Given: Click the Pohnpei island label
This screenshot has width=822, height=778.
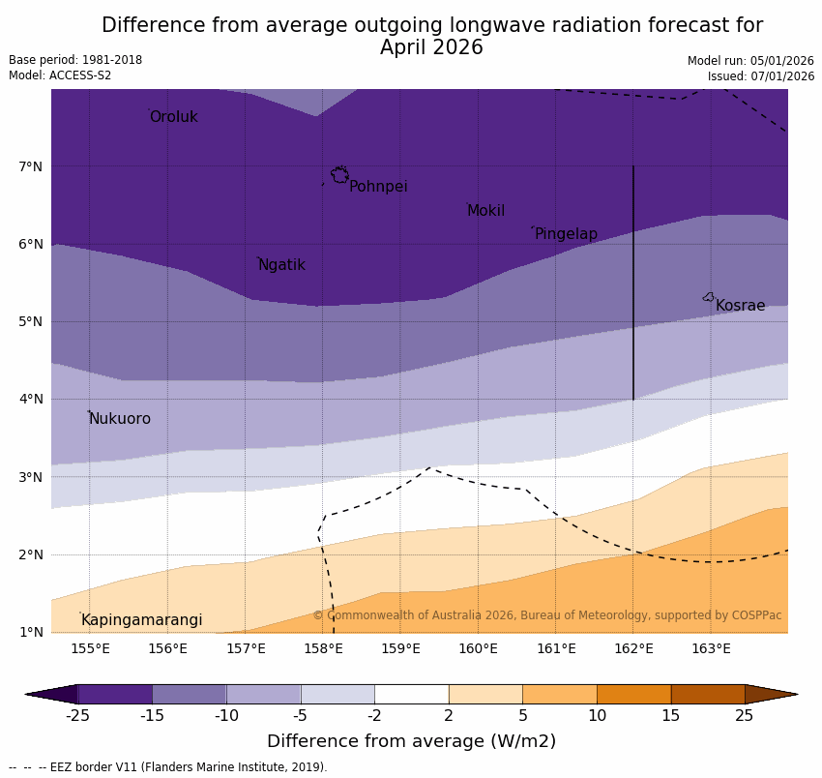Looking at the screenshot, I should tap(378, 187).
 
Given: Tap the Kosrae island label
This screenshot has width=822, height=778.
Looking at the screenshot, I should tap(740, 306).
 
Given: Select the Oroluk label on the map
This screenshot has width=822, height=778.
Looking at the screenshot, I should tap(173, 117).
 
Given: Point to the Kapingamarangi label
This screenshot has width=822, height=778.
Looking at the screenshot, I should tap(141, 620).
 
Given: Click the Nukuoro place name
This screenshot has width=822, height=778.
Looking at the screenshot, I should tap(120, 419).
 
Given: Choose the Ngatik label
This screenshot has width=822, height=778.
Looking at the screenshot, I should tap(281, 265).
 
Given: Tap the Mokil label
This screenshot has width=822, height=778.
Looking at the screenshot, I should tap(485, 211).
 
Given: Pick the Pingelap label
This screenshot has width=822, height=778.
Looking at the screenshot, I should tap(566, 234).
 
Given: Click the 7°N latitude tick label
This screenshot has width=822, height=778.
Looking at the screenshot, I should tap(31, 166).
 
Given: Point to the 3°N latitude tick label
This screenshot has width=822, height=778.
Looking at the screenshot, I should tap(31, 477).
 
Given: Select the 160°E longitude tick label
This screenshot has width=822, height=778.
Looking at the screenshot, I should tap(478, 648).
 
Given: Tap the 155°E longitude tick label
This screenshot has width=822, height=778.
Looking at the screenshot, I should tap(90, 648).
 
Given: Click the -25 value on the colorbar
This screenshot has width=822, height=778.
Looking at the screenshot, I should tap(77, 716).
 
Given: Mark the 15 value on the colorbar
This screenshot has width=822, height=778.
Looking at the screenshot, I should tap(671, 716).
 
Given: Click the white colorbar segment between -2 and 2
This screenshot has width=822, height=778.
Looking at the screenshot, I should tap(411, 694).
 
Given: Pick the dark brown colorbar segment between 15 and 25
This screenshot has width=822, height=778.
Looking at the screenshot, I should tap(708, 694).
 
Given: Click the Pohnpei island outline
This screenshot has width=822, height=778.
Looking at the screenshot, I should tap(339, 174).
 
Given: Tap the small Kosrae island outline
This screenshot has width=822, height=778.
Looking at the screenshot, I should tap(709, 297).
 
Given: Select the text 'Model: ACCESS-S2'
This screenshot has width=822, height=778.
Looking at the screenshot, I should tap(60, 75).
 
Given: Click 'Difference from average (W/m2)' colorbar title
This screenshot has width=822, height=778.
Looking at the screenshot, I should tap(411, 742).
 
